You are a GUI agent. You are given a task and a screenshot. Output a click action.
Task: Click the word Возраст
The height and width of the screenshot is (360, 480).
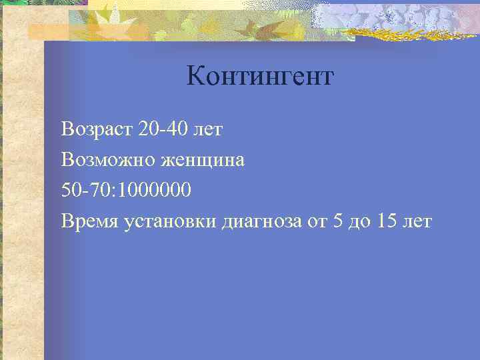click(97, 129)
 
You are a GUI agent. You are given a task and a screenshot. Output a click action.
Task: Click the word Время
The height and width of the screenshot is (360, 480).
click(89, 221)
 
